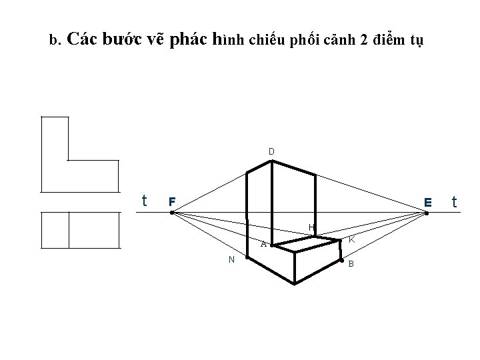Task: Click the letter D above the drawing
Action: (271, 151)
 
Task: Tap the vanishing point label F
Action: (171, 201)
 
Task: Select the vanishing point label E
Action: (427, 201)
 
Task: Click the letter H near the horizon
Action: (311, 228)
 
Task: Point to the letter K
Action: (351, 239)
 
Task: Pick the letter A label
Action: (263, 244)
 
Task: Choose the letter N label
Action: (231, 259)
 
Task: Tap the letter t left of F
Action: (145, 200)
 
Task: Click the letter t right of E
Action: (455, 201)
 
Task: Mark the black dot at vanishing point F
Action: (171, 213)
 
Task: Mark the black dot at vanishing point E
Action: (427, 213)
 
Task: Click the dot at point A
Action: (272, 245)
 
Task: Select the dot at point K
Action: (341, 239)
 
